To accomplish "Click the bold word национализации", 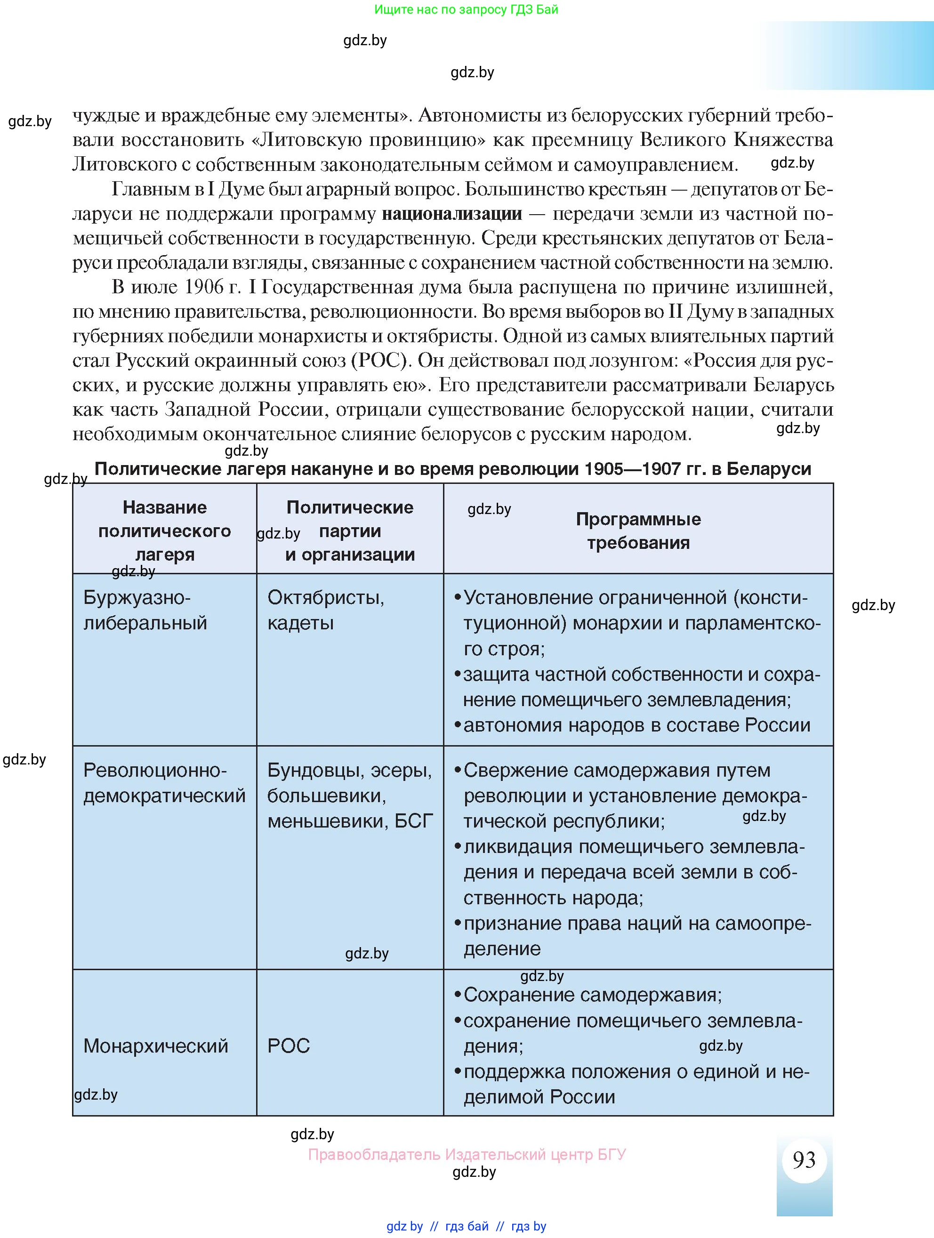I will pyautogui.click(x=451, y=214).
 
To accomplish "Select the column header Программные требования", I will pyautogui.click(x=638, y=531).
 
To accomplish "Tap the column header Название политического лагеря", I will pyautogui.click(x=164, y=531).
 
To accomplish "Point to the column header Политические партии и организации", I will pyautogui.click(x=350, y=531).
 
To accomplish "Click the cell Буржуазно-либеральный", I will pyautogui.click(x=145, y=610).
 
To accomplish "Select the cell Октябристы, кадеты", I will pyautogui.click(x=326, y=610).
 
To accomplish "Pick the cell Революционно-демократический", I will pyautogui.click(x=164, y=783).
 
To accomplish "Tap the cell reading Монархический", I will pyautogui.click(x=155, y=1045).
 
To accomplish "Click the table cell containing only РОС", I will pyautogui.click(x=289, y=1045).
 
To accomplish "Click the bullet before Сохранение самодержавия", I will pyautogui.click(x=457, y=995).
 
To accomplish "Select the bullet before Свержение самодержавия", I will pyautogui.click(x=457, y=771).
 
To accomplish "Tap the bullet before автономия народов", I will pyautogui.click(x=457, y=725).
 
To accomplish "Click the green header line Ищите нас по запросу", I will pyautogui.click(x=466, y=9).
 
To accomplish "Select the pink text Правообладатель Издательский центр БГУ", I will pyautogui.click(x=467, y=1154).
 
